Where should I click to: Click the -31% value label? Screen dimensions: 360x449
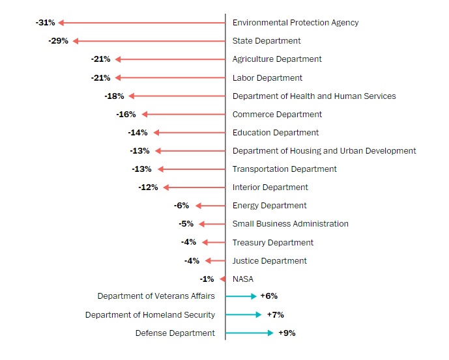(x=46, y=23)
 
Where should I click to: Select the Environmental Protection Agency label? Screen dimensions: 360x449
(x=295, y=23)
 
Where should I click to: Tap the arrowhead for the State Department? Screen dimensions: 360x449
(x=76, y=41)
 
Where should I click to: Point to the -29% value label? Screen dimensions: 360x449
(x=58, y=41)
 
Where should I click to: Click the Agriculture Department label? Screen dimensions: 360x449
(x=277, y=59)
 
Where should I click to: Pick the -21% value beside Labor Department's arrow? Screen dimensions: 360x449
(x=101, y=78)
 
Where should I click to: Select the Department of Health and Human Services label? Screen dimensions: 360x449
(x=314, y=96)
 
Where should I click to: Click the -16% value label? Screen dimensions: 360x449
(x=126, y=115)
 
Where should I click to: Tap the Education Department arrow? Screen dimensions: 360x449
(x=189, y=133)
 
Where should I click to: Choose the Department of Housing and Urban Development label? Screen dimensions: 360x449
(x=324, y=151)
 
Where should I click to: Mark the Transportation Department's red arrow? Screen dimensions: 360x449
(x=192, y=169)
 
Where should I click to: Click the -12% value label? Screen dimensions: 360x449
(x=148, y=187)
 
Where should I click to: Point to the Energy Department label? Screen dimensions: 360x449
(x=269, y=206)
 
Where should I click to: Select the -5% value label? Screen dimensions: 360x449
(x=186, y=224)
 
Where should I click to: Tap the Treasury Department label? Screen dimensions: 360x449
(x=273, y=243)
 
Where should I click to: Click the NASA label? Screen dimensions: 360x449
(x=243, y=279)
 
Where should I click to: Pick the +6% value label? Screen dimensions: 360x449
(x=268, y=296)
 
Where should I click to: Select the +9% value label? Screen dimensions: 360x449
(x=287, y=333)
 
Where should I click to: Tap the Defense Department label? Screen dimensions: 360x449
(x=175, y=333)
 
